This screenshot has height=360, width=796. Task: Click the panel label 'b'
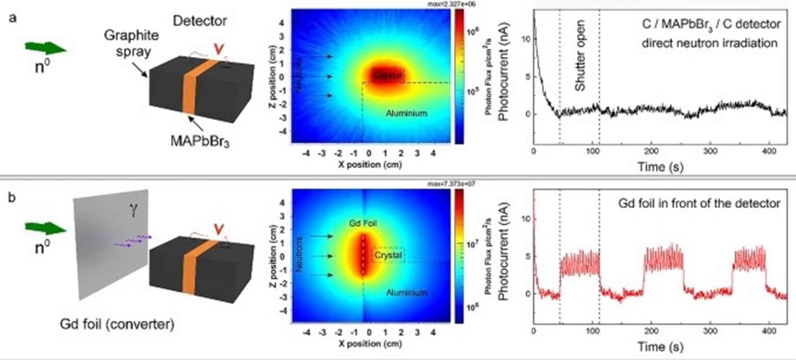tap(11, 197)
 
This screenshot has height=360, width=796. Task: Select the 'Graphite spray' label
tap(131, 43)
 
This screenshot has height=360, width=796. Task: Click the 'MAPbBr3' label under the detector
tap(199, 141)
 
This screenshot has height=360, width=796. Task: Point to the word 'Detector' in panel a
tap(199, 21)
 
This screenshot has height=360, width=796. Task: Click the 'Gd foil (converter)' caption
tap(117, 325)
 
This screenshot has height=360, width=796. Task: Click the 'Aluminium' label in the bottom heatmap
tap(406, 292)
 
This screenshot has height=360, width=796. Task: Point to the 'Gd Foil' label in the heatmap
tap(363, 224)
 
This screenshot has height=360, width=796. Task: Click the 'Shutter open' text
tap(580, 55)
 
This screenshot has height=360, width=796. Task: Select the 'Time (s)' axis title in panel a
tap(660, 167)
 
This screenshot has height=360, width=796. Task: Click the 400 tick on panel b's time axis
tap(769, 331)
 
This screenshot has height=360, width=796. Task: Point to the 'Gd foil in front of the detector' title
tap(699, 203)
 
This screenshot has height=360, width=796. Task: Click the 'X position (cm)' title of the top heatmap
tap(370, 165)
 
